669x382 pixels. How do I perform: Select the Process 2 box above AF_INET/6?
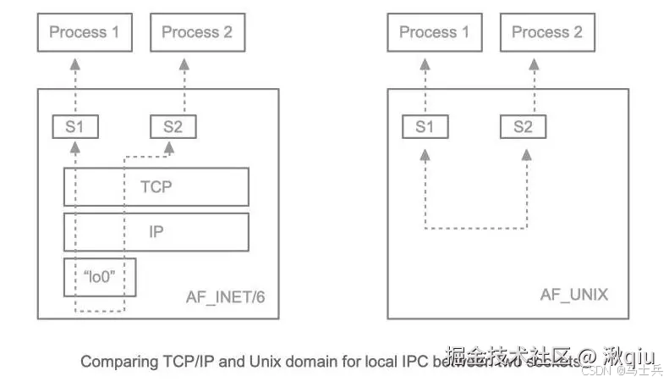click(196, 33)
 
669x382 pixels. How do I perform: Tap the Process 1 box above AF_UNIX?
click(434, 33)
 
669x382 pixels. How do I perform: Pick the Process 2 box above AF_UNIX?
click(546, 33)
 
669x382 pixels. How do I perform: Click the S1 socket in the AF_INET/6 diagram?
click(75, 128)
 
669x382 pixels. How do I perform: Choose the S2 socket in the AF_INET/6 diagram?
click(173, 128)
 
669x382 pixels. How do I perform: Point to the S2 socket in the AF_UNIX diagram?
click(523, 128)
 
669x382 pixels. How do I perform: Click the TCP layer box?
click(156, 186)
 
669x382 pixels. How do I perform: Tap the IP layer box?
click(156, 232)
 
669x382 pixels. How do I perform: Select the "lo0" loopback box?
click(100, 277)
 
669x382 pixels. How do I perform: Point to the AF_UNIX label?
click(573, 296)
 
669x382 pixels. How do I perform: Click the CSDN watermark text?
click(598, 370)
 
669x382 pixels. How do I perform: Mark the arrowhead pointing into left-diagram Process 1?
click(75, 63)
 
